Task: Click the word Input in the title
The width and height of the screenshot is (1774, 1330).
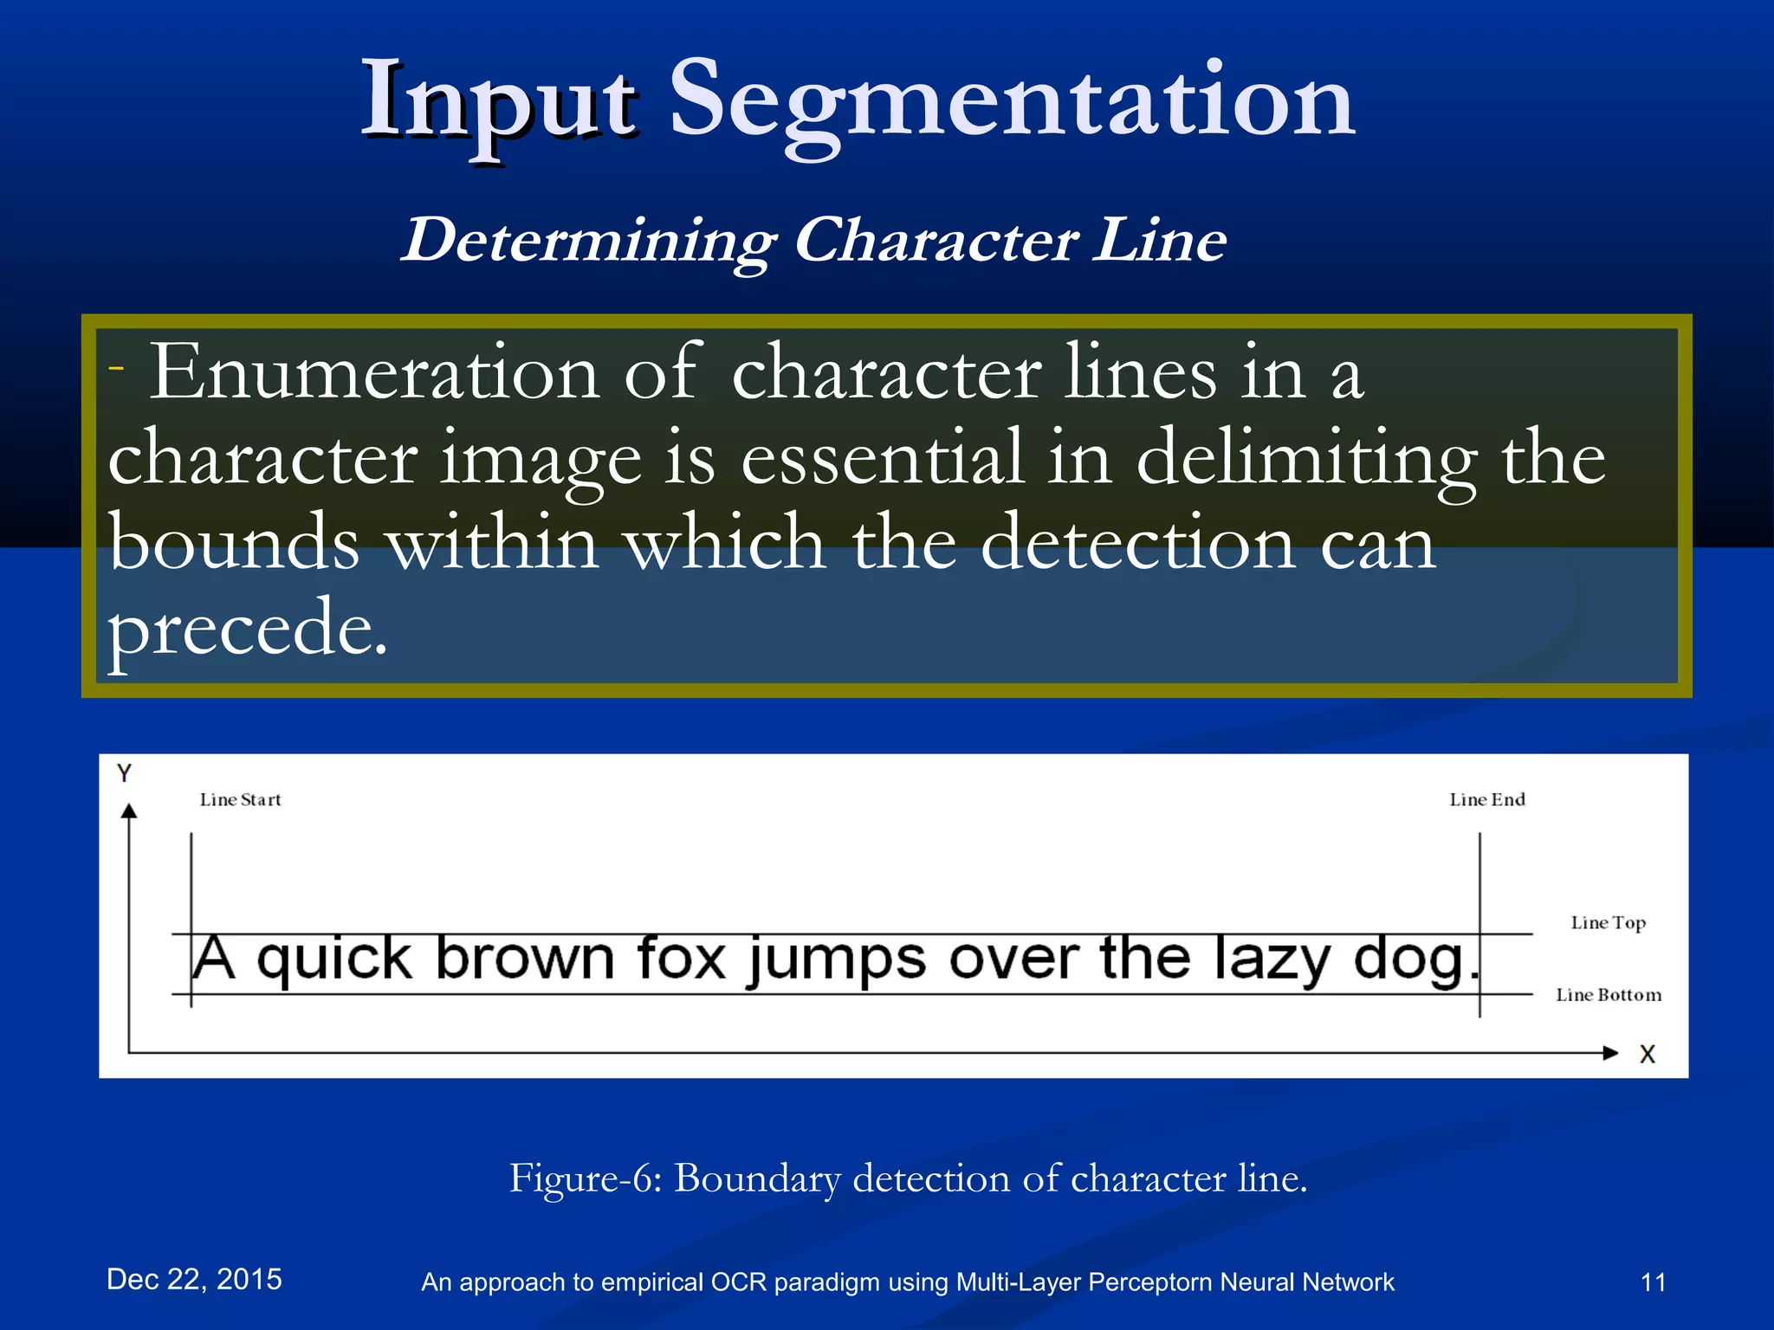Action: [x=500, y=102]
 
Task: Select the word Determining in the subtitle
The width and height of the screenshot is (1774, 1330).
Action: [x=588, y=242]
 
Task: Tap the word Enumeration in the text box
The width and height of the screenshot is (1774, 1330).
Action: [x=374, y=372]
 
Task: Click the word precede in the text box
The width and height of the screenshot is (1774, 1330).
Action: [x=247, y=628]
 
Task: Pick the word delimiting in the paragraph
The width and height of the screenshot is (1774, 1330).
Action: [x=1306, y=459]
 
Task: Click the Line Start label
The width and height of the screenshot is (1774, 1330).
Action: [x=240, y=800]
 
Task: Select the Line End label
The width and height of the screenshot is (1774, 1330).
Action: [x=1486, y=800]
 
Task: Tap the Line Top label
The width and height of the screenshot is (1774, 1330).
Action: [x=1608, y=923]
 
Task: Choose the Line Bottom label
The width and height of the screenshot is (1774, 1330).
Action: [x=1609, y=995]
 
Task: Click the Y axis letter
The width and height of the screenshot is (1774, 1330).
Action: [x=125, y=773]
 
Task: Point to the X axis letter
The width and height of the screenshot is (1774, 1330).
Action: [x=1647, y=1055]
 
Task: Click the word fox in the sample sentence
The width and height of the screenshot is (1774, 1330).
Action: [x=681, y=959]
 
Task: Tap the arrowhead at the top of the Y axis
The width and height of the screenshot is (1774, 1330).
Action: [x=129, y=810]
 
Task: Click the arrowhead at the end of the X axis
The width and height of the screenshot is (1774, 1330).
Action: [x=1610, y=1053]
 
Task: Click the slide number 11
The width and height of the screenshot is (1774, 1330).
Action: [x=1653, y=1282]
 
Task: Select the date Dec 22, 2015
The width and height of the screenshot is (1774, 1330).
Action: [x=194, y=1279]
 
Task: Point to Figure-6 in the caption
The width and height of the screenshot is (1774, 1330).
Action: [x=585, y=1178]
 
